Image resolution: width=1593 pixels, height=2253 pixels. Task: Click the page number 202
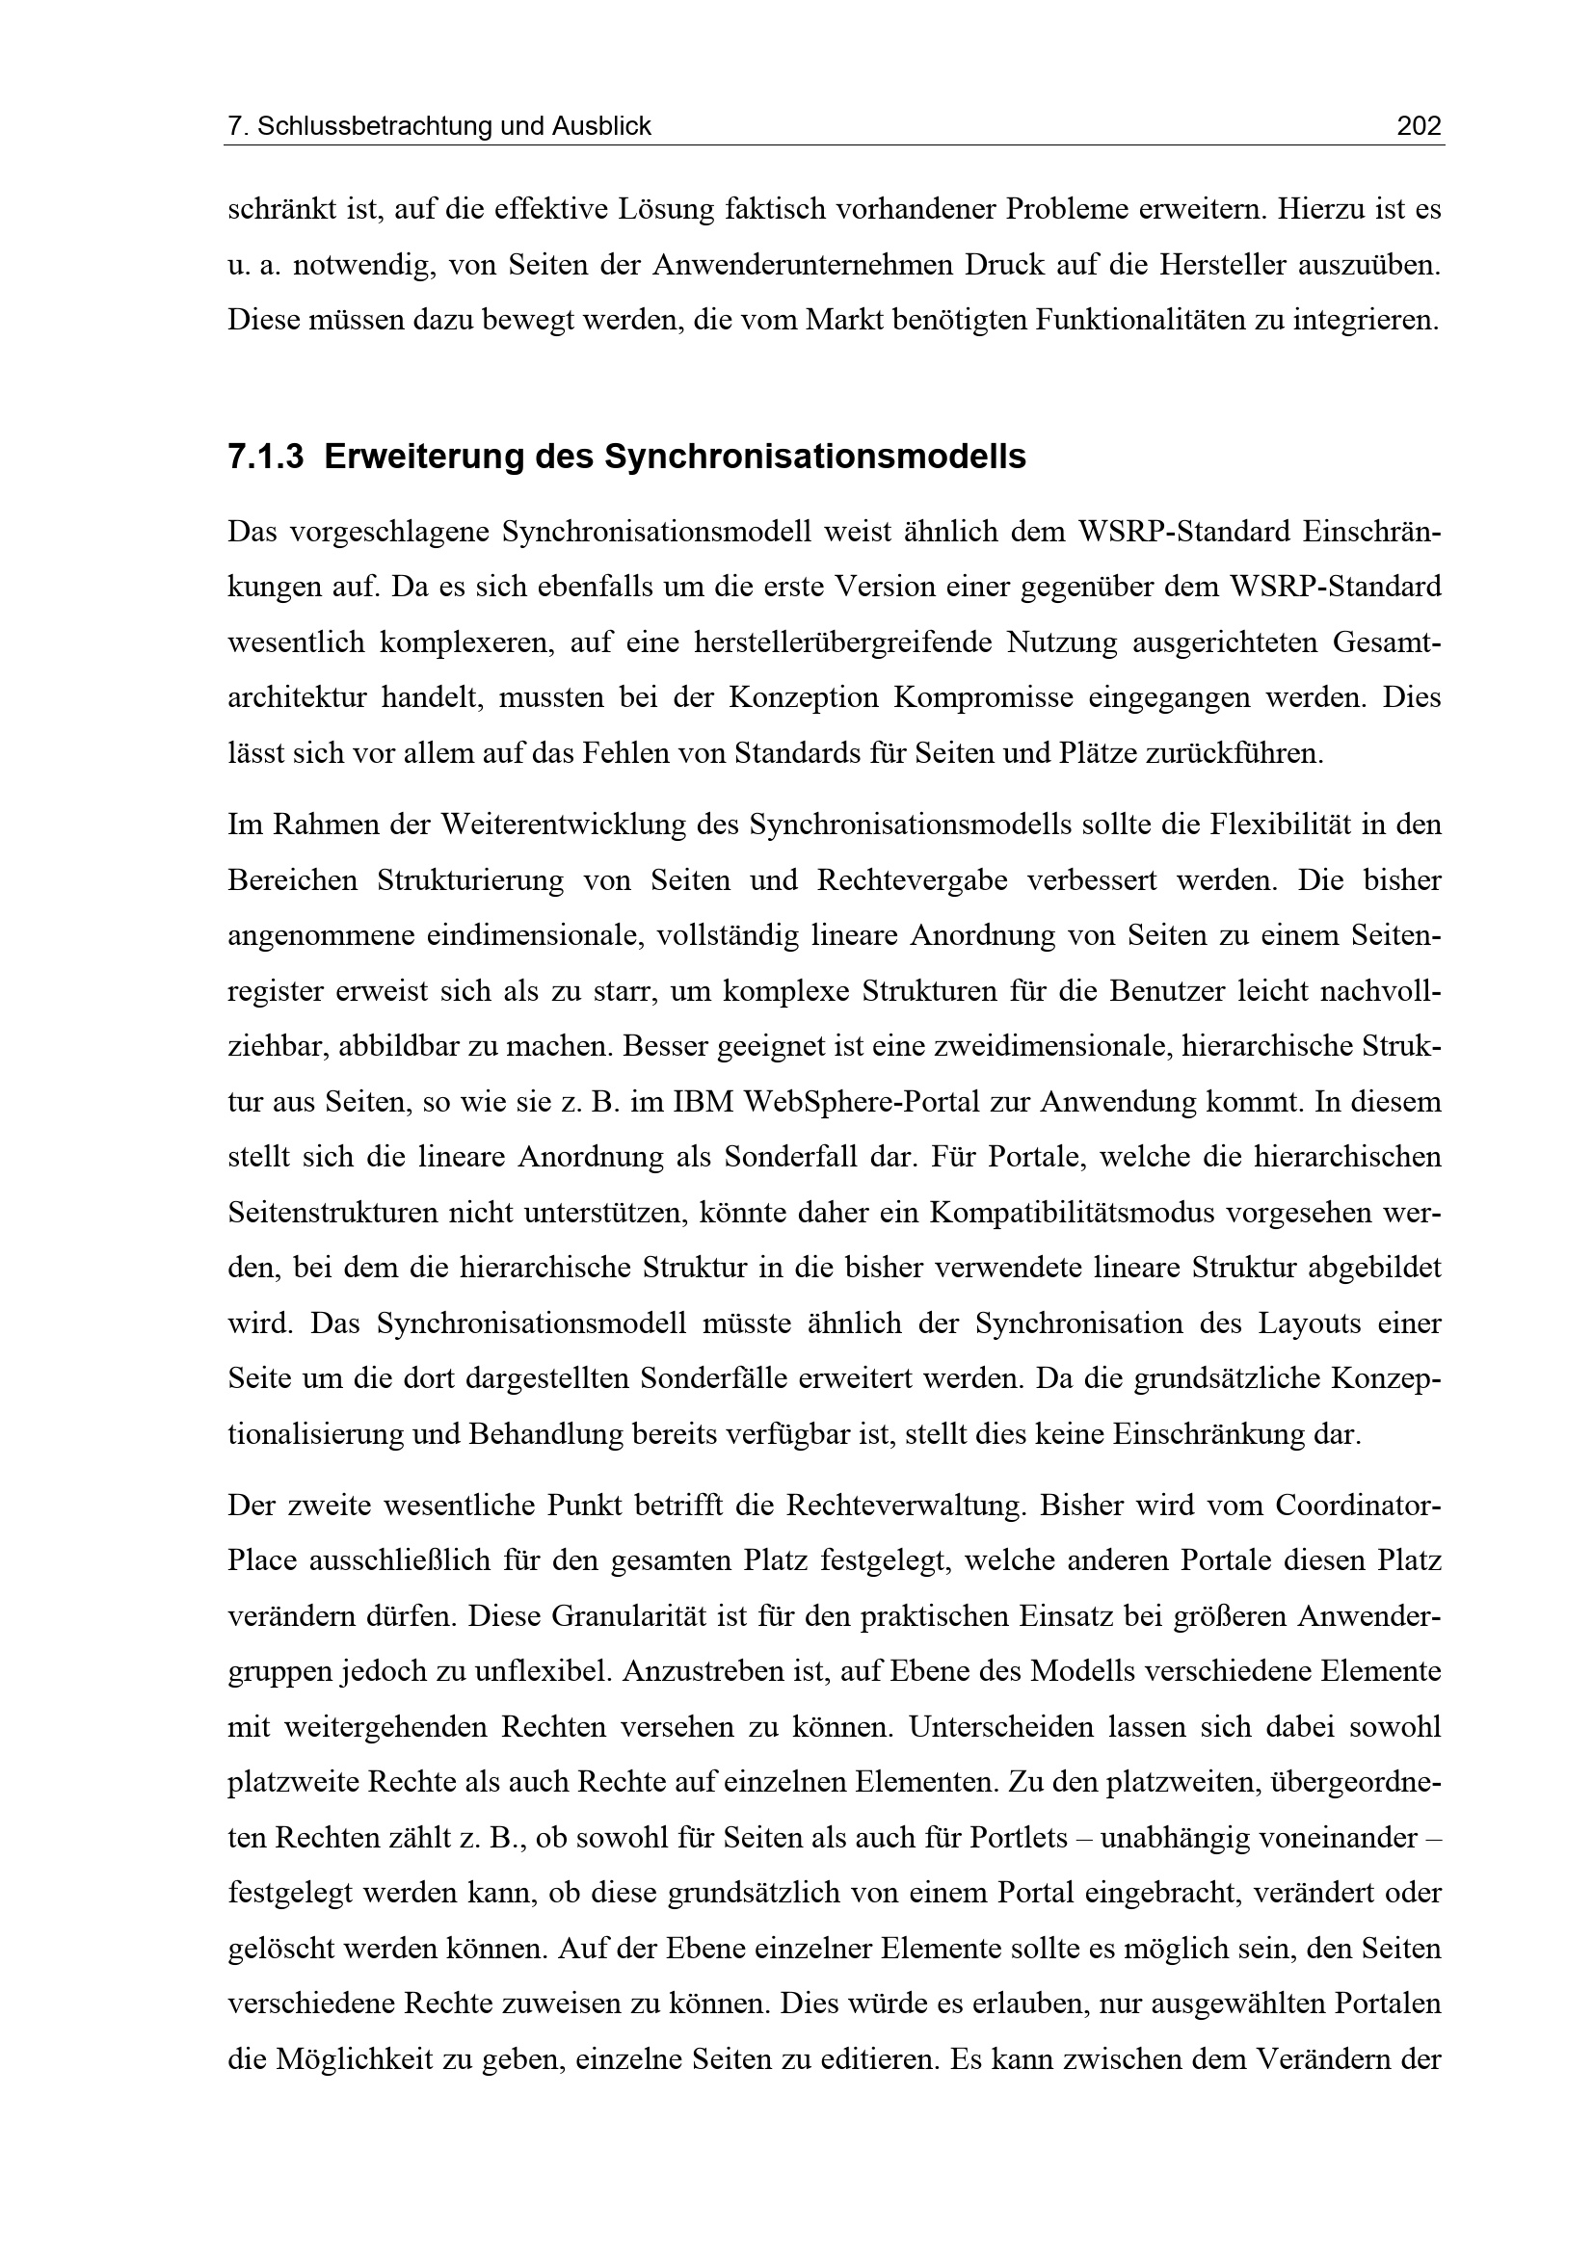[x=1419, y=126]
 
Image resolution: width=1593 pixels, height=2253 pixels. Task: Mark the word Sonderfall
[x=789, y=1157]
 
